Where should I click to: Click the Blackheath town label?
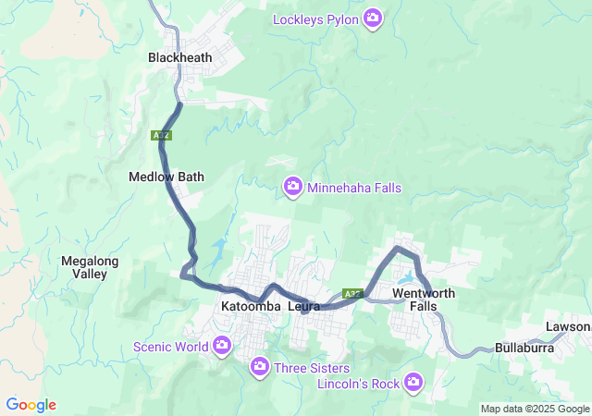pos(179,57)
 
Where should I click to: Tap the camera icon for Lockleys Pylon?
pos(373,18)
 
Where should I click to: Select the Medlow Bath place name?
pos(166,177)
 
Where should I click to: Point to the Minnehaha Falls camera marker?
pos(293,188)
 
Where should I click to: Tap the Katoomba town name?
pos(251,306)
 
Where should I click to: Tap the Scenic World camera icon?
pos(222,347)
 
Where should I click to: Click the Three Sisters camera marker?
pos(260,368)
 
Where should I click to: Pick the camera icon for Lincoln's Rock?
pos(413,382)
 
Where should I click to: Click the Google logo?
pos(31,405)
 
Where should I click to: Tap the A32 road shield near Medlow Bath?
pos(162,135)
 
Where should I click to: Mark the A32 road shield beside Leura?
pos(351,294)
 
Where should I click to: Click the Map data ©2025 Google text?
pos(535,409)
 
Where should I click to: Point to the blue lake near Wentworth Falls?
pos(407,277)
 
